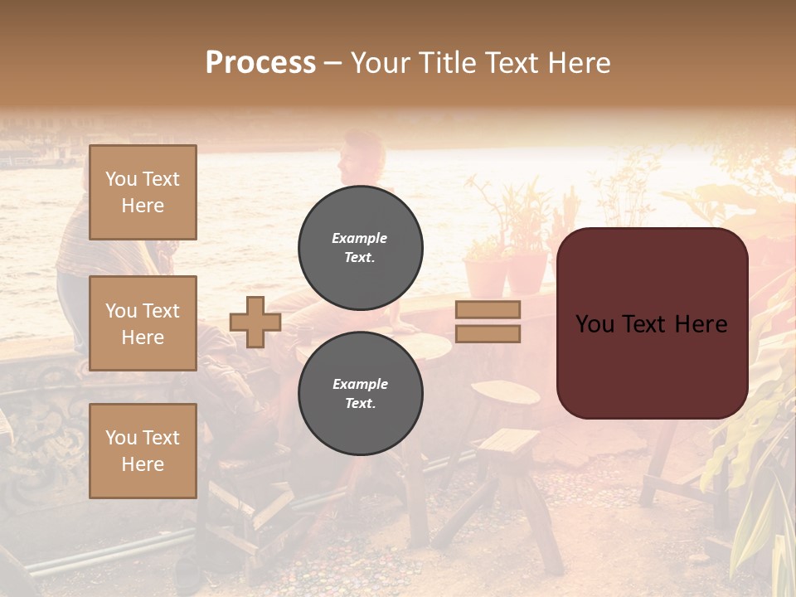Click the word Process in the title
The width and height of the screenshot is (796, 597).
coord(260,63)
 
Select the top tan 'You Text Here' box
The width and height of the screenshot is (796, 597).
coord(143,192)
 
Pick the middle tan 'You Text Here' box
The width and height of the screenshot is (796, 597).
coord(143,323)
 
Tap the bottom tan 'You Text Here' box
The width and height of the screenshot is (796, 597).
coord(143,451)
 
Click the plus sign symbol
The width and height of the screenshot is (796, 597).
coord(255,322)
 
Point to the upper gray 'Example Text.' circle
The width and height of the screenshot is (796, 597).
coord(361,248)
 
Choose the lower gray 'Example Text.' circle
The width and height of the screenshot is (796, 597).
coord(361,394)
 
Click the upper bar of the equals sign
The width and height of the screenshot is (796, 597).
coord(488,310)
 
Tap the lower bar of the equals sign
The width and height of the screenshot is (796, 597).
coord(488,334)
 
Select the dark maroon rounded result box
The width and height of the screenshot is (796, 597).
coord(653,323)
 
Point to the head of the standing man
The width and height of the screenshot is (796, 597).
coord(362,153)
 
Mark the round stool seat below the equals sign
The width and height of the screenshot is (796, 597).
coord(506,391)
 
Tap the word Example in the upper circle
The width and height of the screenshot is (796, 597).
coord(360,238)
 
